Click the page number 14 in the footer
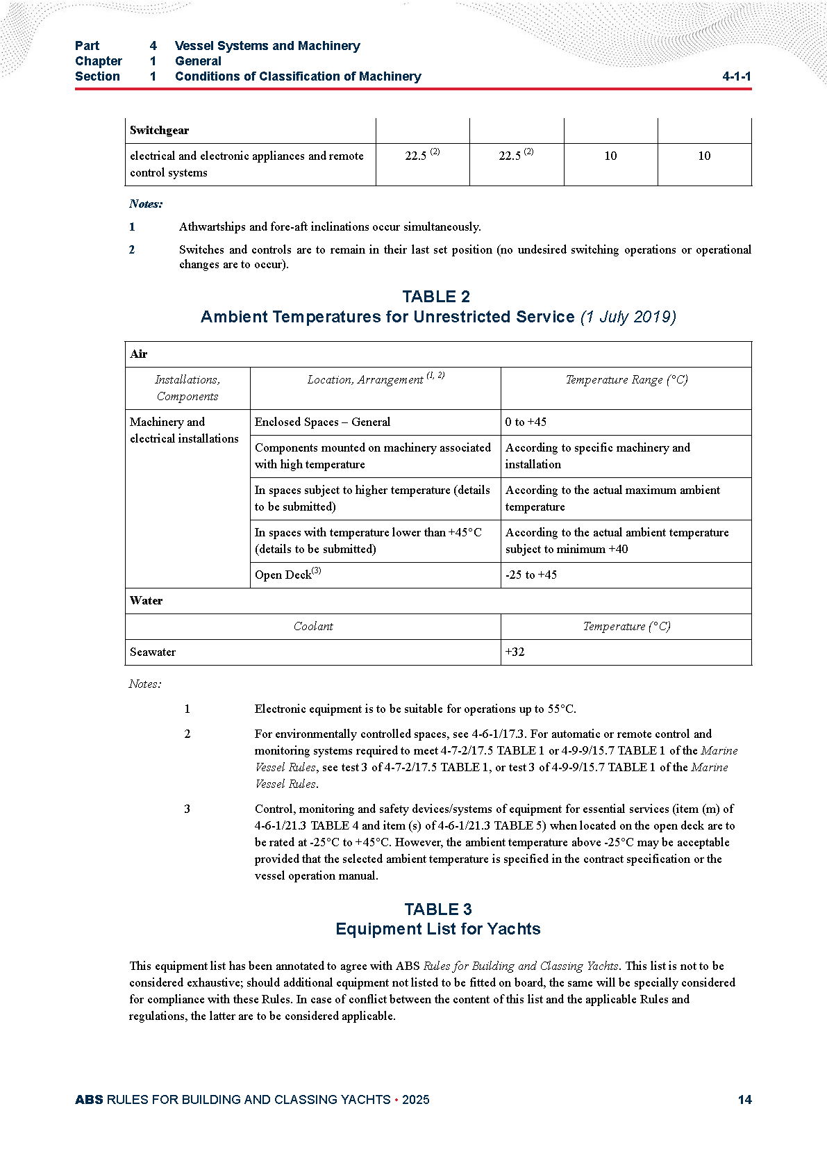(744, 1100)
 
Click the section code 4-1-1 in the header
(736, 76)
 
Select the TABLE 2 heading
(436, 297)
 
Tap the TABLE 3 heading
(437, 909)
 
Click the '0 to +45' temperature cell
(526, 422)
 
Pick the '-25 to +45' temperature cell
(531, 575)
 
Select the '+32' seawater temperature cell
(515, 652)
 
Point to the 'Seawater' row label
(153, 652)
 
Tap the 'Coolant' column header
(313, 626)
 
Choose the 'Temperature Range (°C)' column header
(626, 379)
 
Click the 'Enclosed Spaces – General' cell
(322, 422)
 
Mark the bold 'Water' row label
(146, 600)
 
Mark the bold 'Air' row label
(138, 354)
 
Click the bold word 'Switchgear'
(159, 130)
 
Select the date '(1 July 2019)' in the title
(628, 317)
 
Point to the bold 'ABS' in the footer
(89, 1100)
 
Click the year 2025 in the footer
(415, 1100)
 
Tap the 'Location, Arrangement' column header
(365, 379)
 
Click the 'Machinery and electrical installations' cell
(184, 430)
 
